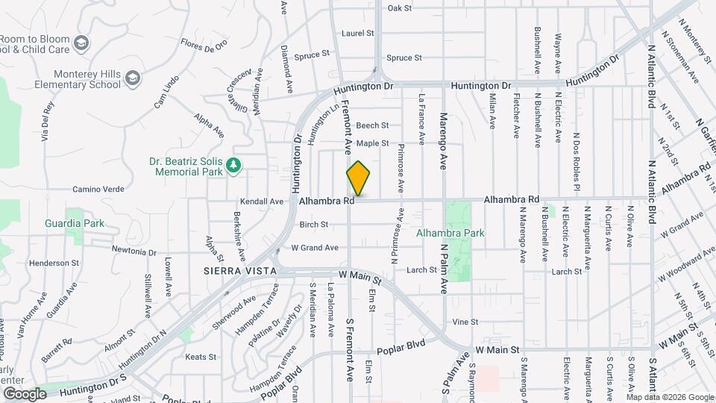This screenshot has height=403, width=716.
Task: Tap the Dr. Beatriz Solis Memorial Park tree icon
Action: (x=233, y=164)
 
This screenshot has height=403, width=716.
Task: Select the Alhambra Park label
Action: (x=450, y=233)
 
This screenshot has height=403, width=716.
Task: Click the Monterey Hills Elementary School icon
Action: (x=132, y=78)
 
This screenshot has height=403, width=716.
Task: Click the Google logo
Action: (x=25, y=393)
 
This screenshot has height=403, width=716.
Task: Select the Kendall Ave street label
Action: (x=262, y=201)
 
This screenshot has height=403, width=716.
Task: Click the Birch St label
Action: (x=313, y=224)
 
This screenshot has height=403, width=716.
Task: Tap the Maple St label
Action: (x=372, y=143)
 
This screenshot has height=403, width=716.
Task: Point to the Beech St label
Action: (x=372, y=125)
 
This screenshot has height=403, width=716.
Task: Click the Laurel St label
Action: (x=357, y=34)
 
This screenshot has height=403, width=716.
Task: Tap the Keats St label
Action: (x=200, y=357)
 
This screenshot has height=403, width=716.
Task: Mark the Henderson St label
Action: (x=54, y=263)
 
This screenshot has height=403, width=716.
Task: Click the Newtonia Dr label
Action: (x=134, y=251)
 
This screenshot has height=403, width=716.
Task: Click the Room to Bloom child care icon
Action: (x=81, y=43)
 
